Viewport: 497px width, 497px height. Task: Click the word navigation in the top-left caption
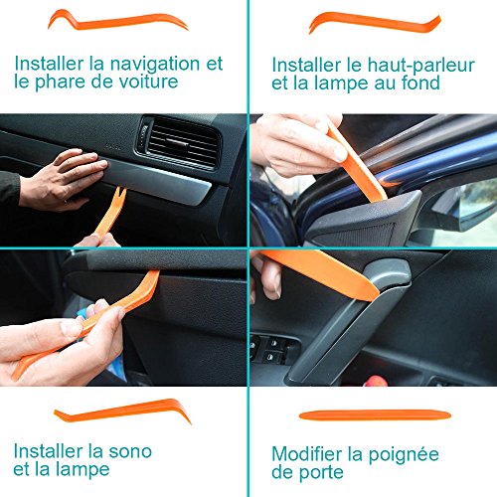pos(155,65)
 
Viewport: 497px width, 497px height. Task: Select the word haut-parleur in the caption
pos(421,67)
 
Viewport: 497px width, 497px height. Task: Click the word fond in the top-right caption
pos(420,83)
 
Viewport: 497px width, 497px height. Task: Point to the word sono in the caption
pos(130,451)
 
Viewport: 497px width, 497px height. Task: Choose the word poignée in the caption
pos(404,455)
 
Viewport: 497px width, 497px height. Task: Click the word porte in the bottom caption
pos(321,473)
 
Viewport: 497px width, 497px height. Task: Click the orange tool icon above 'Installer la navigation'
pos(118,22)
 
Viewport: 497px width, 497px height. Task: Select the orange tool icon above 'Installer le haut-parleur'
pos(375,23)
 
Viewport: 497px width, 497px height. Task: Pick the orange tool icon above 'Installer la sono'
pos(123,412)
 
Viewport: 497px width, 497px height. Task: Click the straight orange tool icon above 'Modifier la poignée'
pos(375,415)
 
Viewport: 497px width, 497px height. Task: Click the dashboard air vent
pos(180,143)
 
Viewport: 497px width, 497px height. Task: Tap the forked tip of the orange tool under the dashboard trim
pos(120,193)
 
